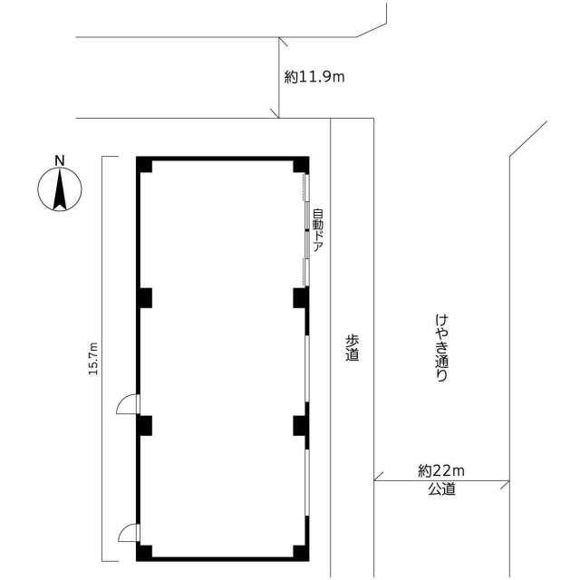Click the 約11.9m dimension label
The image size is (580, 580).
tap(314, 77)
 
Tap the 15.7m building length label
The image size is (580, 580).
tap(93, 359)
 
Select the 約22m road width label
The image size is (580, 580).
tap(441, 471)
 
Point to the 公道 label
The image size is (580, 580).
tap(441, 489)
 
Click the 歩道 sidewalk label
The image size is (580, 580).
tap(353, 348)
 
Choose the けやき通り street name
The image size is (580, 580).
tap(441, 348)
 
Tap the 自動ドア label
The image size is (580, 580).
tap(318, 230)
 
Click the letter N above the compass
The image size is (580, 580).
tap(59, 160)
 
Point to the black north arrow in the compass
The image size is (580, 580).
tap(60, 189)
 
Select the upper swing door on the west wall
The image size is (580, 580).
tap(128, 404)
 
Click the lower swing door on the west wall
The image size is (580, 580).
tap(129, 533)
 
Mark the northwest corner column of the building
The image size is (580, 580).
tap(144, 165)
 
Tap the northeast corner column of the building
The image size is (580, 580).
tap(301, 165)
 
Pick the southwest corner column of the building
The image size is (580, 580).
tap(144, 553)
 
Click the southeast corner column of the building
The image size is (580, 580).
tap(301, 553)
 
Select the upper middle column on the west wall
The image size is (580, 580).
tap(144, 298)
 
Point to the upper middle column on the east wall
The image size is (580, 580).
tap(301, 298)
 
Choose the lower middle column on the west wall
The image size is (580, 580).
tap(144, 425)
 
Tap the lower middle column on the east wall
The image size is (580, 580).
tap(301, 425)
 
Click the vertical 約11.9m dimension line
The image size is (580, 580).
tap(279, 78)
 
